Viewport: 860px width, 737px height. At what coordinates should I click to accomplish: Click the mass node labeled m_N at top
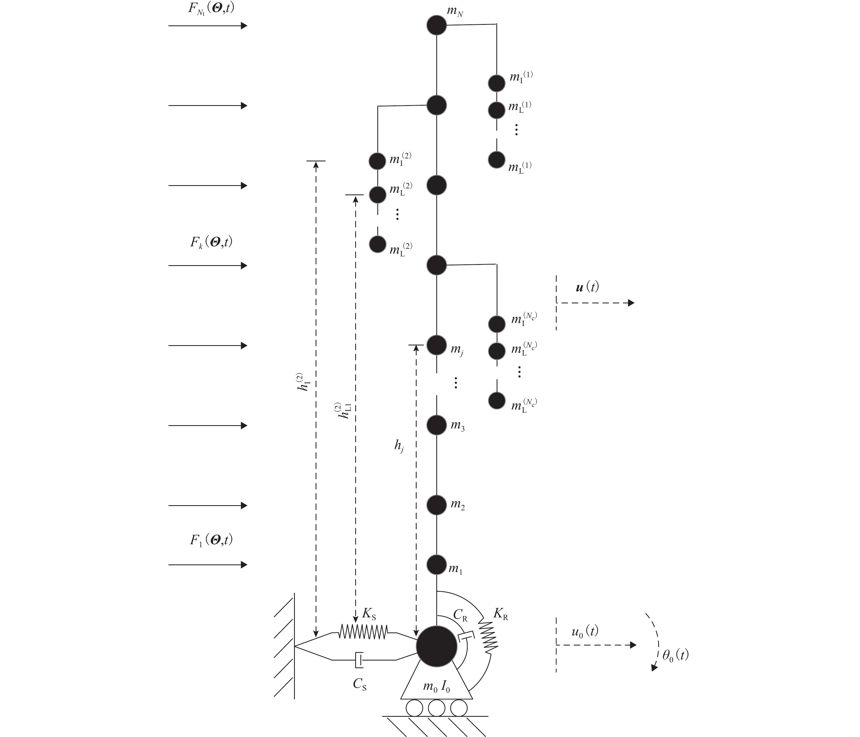click(436, 25)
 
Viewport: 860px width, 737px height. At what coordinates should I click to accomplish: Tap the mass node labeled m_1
click(436, 565)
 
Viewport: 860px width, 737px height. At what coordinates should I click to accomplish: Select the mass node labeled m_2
click(436, 505)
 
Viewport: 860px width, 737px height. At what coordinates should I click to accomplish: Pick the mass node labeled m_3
click(436, 425)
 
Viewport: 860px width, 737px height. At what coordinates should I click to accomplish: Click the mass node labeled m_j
click(436, 345)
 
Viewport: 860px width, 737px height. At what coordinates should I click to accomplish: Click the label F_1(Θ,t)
click(211, 540)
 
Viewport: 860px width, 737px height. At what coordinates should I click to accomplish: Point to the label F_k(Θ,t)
click(211, 242)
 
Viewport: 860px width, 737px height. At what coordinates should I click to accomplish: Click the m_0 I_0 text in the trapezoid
click(436, 687)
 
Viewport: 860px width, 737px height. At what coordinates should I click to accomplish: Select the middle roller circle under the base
click(436, 708)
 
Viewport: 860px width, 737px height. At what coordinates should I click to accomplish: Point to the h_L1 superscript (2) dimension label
click(345, 410)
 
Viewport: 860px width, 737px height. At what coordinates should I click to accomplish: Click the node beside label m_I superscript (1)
click(496, 83)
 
